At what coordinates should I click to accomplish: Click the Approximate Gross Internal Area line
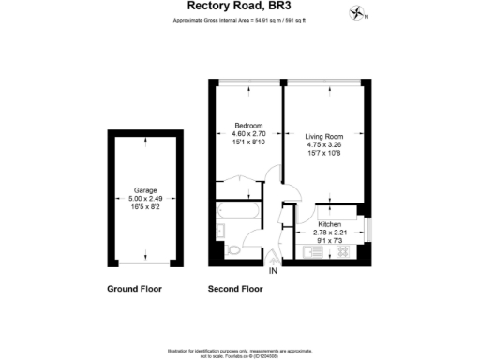tap(239, 23)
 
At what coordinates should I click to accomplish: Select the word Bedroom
tap(247, 126)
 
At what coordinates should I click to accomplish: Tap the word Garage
tap(144, 190)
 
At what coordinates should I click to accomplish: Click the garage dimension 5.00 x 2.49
tap(144, 199)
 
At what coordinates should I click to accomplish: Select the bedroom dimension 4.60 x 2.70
tap(247, 133)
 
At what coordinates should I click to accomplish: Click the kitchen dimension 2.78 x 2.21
tap(330, 232)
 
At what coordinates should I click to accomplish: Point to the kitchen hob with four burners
tap(341, 251)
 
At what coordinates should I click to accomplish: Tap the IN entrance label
tap(273, 271)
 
